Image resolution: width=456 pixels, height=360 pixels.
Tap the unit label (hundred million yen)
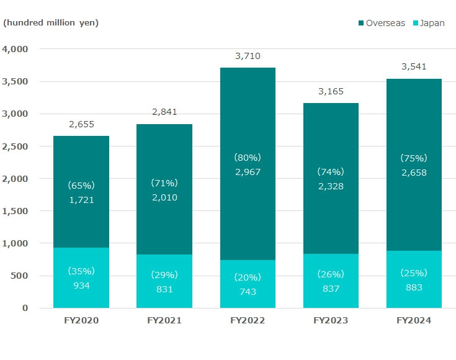coord(51,23)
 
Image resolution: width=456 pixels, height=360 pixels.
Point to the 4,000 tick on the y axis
coord(16,49)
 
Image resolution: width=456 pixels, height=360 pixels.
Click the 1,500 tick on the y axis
coord(16,211)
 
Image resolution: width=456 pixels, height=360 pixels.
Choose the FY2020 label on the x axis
coord(81,321)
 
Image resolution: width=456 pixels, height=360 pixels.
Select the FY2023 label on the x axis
coord(331,321)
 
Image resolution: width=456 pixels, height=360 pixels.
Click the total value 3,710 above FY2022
coord(248,56)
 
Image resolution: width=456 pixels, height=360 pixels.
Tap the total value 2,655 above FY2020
coord(81,124)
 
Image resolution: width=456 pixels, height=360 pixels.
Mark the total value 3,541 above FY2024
coord(414,67)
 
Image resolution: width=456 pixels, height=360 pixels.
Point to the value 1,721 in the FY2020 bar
coord(81,199)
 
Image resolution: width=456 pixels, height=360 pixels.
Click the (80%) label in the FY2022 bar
coord(248,157)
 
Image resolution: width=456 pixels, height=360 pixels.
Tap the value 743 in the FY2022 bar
coord(248,292)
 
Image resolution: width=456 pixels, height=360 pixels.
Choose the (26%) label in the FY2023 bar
coord(331,274)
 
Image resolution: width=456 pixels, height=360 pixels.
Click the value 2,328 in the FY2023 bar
coord(331,186)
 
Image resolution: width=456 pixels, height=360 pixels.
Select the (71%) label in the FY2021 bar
coord(164,183)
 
